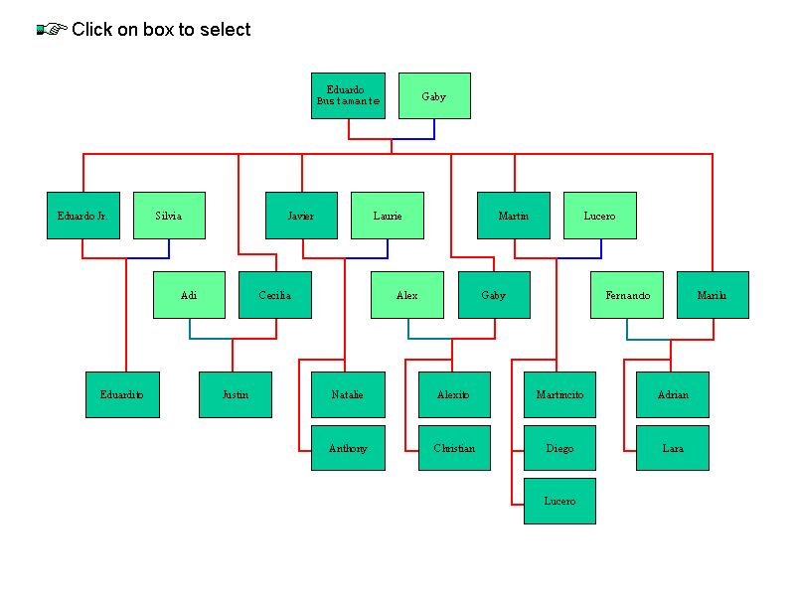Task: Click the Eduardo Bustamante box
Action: point(348,95)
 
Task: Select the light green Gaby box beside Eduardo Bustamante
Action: point(434,95)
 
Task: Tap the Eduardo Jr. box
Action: point(83,216)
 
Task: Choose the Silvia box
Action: point(169,216)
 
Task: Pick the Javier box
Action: point(301,216)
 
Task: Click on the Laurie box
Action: point(388,216)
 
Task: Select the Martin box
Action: point(514,216)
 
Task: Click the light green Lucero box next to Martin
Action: point(599,216)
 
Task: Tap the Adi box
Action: point(189,295)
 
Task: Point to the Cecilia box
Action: point(275,295)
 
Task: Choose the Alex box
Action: point(406,295)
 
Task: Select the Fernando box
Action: point(627,295)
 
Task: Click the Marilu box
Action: point(713,295)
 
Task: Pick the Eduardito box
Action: point(122,394)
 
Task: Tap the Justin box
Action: point(236,394)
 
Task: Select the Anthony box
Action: point(348,448)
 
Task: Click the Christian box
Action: point(454,448)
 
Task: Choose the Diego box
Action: point(559,448)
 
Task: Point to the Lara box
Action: point(673,448)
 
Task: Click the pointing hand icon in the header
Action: point(52,30)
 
